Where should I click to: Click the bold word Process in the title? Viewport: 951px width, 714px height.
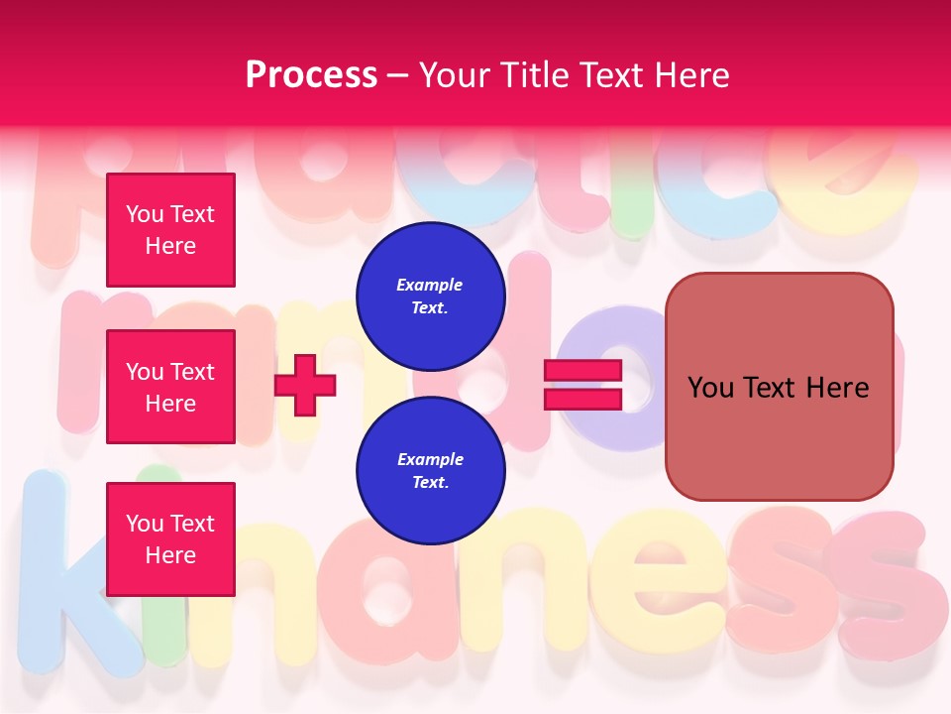pyautogui.click(x=311, y=75)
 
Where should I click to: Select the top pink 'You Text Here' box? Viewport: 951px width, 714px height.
pyautogui.click(x=170, y=230)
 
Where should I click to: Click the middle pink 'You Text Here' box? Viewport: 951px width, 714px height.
pyautogui.click(x=170, y=387)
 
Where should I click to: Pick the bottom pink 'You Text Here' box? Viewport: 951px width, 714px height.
pyautogui.click(x=170, y=539)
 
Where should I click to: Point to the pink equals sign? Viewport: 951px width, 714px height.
pyautogui.click(x=582, y=386)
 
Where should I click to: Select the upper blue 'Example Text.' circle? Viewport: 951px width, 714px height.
pyautogui.click(x=430, y=297)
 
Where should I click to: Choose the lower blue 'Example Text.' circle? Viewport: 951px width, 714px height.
pyautogui.click(x=430, y=471)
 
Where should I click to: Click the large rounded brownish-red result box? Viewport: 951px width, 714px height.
pyautogui.click(x=779, y=387)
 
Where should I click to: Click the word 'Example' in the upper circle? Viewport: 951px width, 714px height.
pyautogui.click(x=430, y=285)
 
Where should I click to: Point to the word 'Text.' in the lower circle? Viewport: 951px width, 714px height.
pyautogui.click(x=430, y=483)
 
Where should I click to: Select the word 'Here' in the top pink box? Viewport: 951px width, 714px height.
pyautogui.click(x=170, y=246)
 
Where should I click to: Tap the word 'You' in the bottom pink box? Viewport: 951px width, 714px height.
pyautogui.click(x=144, y=524)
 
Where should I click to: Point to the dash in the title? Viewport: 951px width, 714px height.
pyautogui.click(x=397, y=75)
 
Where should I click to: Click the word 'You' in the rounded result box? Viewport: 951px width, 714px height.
pyautogui.click(x=710, y=387)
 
